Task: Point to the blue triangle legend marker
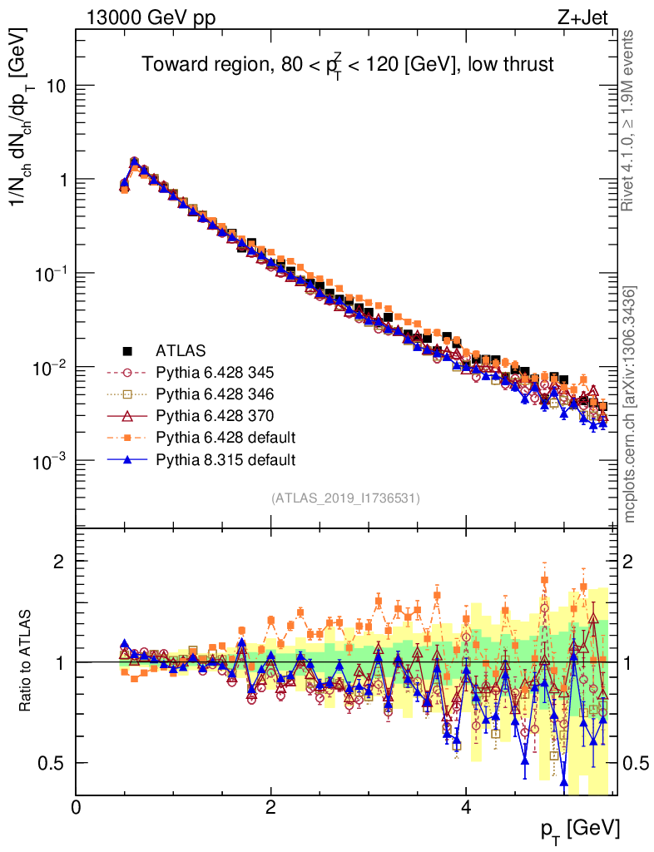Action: coord(127,458)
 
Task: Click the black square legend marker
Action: coord(127,350)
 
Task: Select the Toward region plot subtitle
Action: coord(347,65)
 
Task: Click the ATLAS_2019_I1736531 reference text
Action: coord(345,498)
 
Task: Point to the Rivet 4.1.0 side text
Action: coord(630,120)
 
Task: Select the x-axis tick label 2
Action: coord(270,808)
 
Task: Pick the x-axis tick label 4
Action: coord(466,808)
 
